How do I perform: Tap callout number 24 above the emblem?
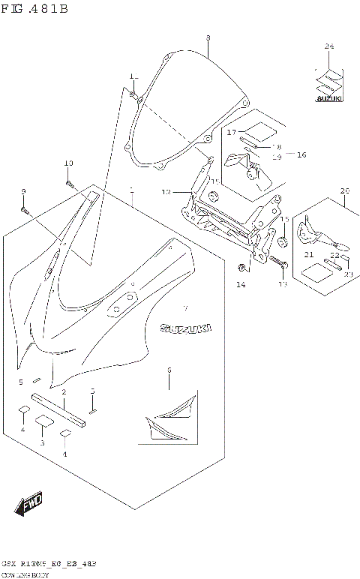[x=328, y=47]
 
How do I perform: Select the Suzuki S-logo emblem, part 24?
[x=328, y=80]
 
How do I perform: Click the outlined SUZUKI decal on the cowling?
[x=184, y=328]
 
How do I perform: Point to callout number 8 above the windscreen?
[x=208, y=37]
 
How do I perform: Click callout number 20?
[x=344, y=190]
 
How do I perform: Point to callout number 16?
[x=301, y=154]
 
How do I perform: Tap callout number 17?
[x=232, y=132]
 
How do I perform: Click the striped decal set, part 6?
[x=174, y=416]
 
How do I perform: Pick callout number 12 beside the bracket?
[x=166, y=192]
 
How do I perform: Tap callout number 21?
[x=308, y=255]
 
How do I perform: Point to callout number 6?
[x=169, y=370]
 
